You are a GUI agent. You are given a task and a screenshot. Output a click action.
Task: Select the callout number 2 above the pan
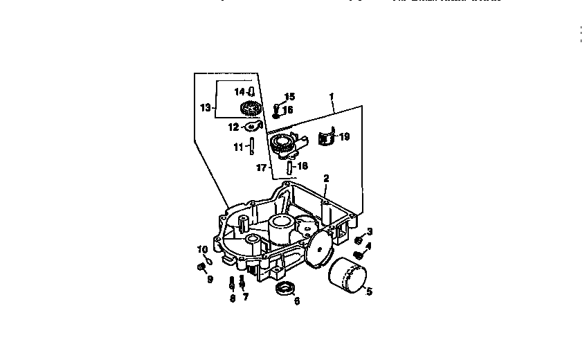click(326, 178)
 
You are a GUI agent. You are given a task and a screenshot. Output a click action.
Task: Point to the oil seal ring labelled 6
click(285, 288)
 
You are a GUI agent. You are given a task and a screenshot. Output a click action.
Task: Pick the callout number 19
click(344, 137)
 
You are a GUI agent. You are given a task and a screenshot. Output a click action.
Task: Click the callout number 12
click(233, 127)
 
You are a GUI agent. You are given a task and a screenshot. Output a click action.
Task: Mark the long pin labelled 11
click(253, 146)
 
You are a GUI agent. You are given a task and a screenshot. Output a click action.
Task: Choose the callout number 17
click(261, 168)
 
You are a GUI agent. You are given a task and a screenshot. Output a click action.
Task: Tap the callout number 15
click(289, 96)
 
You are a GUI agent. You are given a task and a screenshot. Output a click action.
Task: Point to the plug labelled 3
click(359, 240)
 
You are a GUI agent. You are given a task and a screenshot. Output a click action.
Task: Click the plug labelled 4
click(358, 255)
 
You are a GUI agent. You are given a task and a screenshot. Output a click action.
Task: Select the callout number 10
click(202, 249)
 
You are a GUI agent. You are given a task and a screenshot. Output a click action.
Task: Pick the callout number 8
click(233, 298)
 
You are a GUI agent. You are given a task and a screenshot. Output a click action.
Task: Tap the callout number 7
click(245, 297)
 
